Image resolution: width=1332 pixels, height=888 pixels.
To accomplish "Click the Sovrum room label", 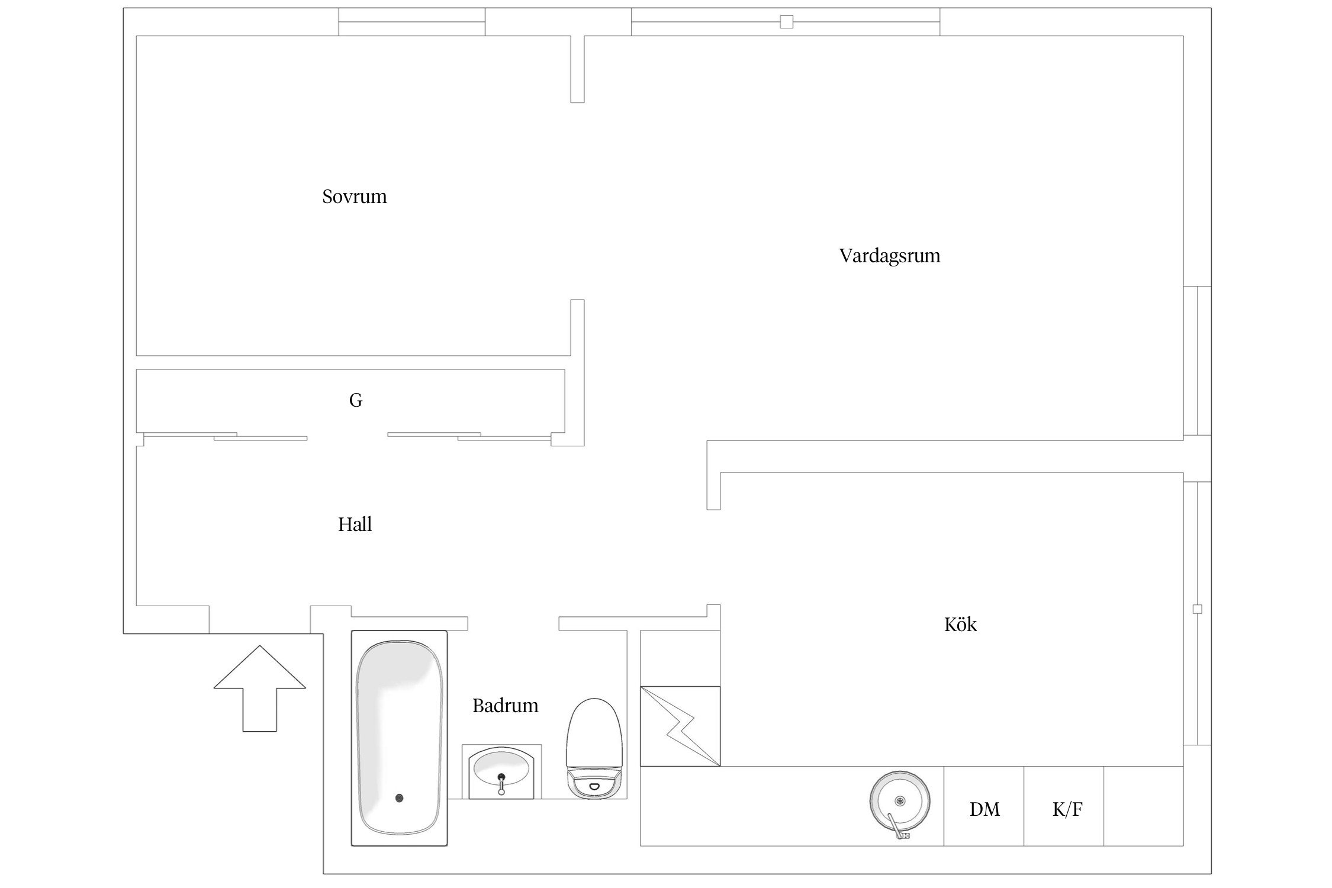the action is pos(355,197).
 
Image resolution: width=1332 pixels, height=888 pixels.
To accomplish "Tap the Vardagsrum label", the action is pos(890,256).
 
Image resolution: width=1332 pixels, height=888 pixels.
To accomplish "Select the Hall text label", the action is pos(355,525).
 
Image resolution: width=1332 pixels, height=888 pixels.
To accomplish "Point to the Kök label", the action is pos(960,625).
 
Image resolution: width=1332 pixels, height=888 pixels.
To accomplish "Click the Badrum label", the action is pos(506,706).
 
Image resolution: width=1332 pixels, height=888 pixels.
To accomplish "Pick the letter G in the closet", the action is pos(356,401).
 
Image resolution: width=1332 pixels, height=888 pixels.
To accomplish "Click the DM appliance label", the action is pos(984,809).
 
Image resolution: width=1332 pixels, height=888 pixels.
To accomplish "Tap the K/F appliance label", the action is pos(1067,809).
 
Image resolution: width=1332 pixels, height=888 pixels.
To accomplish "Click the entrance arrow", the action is pos(260,688).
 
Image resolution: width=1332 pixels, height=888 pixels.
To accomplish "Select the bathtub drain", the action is pos(400,798).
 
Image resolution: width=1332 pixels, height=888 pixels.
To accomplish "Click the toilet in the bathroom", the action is pos(595,748).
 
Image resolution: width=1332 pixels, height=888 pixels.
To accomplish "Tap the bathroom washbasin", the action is pos(502,773).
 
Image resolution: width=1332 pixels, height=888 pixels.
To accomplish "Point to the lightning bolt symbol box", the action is pos(680,726).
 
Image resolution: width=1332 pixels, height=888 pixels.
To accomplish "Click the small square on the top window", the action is pos(786,22).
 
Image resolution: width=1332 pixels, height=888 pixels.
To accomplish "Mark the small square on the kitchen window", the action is pos(1197,609).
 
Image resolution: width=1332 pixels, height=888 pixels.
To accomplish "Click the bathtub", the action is pos(400,738).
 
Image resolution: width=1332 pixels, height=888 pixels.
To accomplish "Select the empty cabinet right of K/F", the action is pos(1143,806).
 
